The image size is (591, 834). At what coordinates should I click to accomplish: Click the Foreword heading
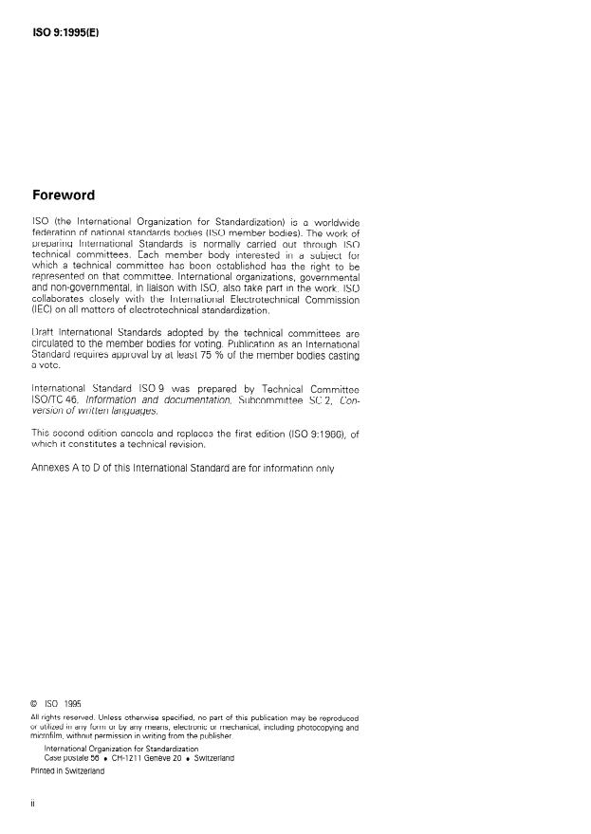tap(64, 195)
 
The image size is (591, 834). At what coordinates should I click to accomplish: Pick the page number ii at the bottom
tap(35, 802)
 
